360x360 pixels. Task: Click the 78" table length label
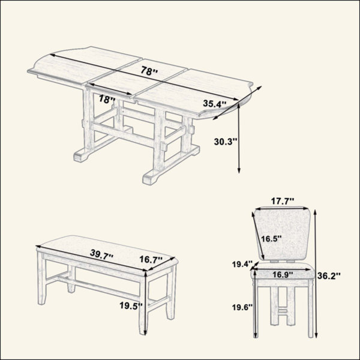[149, 71]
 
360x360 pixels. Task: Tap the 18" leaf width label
[107, 99]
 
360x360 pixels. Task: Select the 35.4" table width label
[215, 104]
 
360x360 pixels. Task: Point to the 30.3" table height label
[225, 142]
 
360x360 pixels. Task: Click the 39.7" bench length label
[102, 254]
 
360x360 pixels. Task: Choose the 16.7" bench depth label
[151, 260]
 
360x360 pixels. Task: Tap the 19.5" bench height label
[131, 305]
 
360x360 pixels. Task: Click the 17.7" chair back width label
[283, 202]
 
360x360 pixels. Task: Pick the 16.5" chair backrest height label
[271, 239]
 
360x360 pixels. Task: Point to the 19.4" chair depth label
[242, 264]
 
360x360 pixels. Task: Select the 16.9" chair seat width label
[283, 274]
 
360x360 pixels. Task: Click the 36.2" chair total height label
[329, 276]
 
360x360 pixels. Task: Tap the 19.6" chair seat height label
[242, 307]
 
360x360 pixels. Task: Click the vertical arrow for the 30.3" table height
[239, 138]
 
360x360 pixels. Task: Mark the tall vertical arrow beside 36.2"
[316, 274]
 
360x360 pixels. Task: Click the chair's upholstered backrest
[283, 234]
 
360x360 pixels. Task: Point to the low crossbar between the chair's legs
[283, 311]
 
